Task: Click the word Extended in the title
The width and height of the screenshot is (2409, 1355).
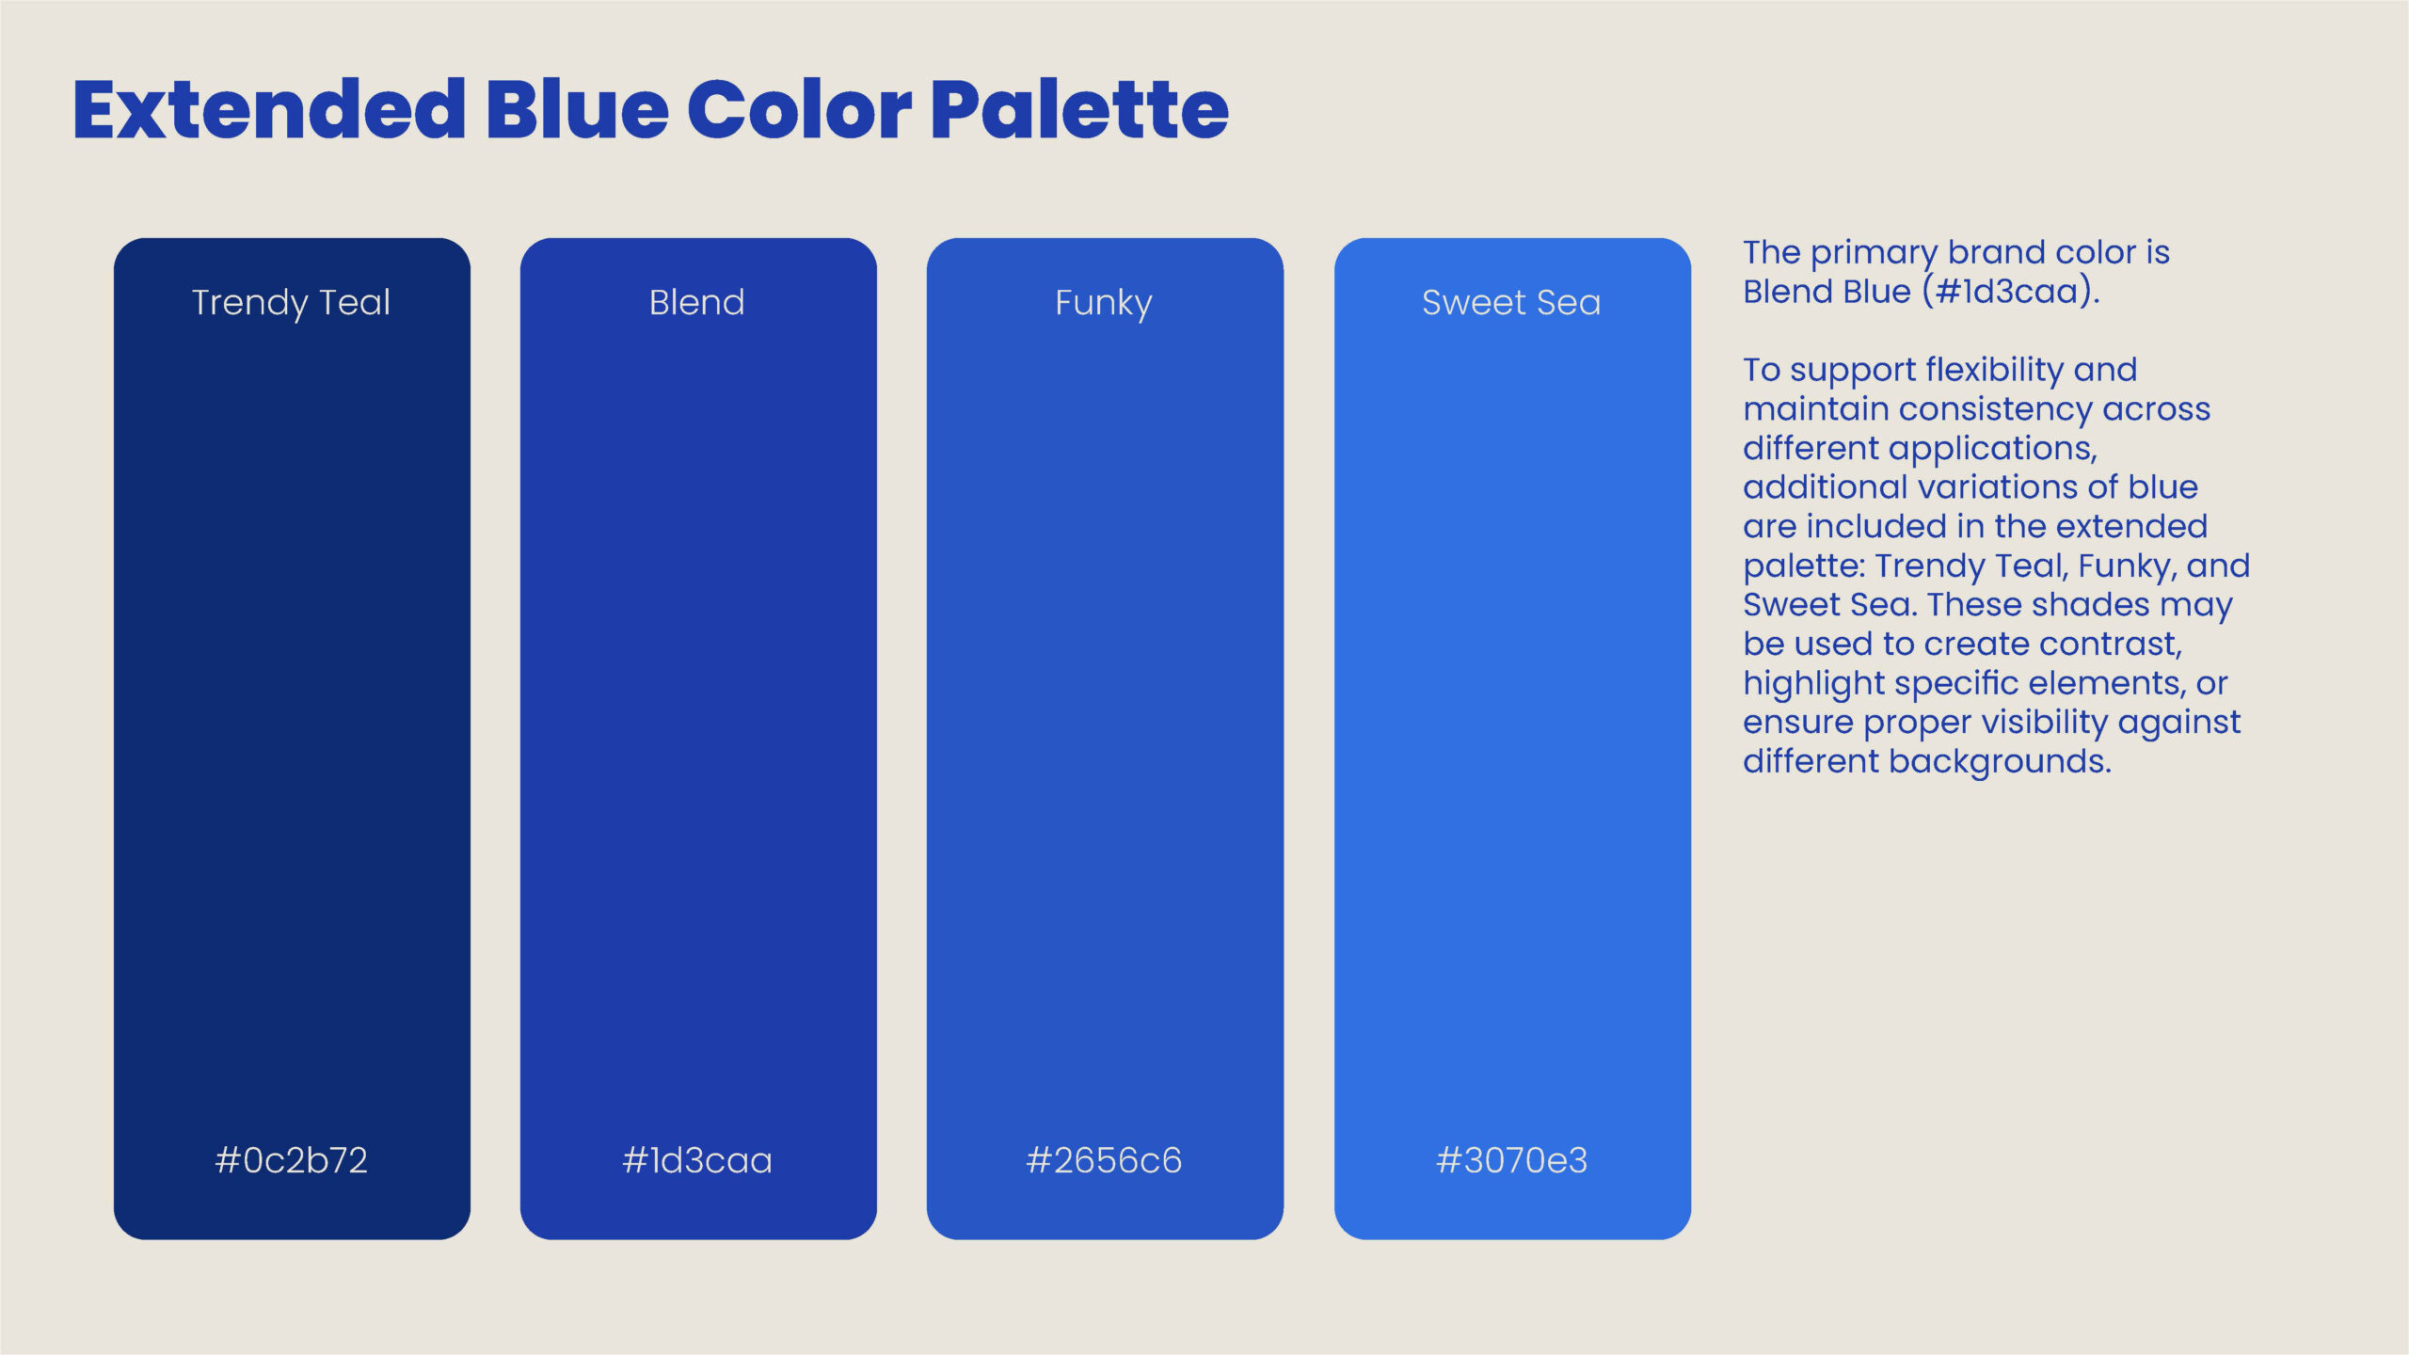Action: coord(269,109)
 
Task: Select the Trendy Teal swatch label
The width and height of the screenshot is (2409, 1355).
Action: coord(291,303)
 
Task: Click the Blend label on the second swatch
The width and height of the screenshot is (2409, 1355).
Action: coord(697,302)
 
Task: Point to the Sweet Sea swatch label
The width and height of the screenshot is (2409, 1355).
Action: coord(1511,302)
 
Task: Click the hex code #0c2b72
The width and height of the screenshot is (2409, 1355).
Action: coord(291,1160)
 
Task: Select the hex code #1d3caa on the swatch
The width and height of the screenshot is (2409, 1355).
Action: coord(697,1160)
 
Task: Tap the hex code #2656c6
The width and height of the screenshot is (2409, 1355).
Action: coord(1104,1160)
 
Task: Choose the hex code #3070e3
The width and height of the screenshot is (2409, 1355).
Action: coord(1511,1160)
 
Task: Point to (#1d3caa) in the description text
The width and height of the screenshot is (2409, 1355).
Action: coord(2011,292)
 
